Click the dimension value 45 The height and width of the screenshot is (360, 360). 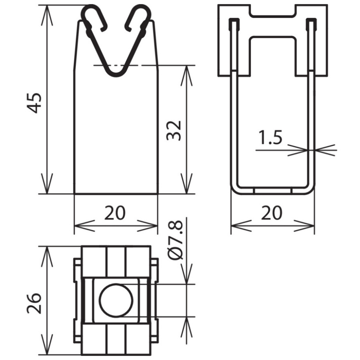34,102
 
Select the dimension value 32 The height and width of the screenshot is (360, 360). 174,130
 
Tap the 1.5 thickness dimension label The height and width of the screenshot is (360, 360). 270,138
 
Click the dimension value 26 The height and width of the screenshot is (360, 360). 34,303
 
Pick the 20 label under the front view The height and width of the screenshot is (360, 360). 115,213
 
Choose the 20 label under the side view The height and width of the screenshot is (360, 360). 271,213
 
